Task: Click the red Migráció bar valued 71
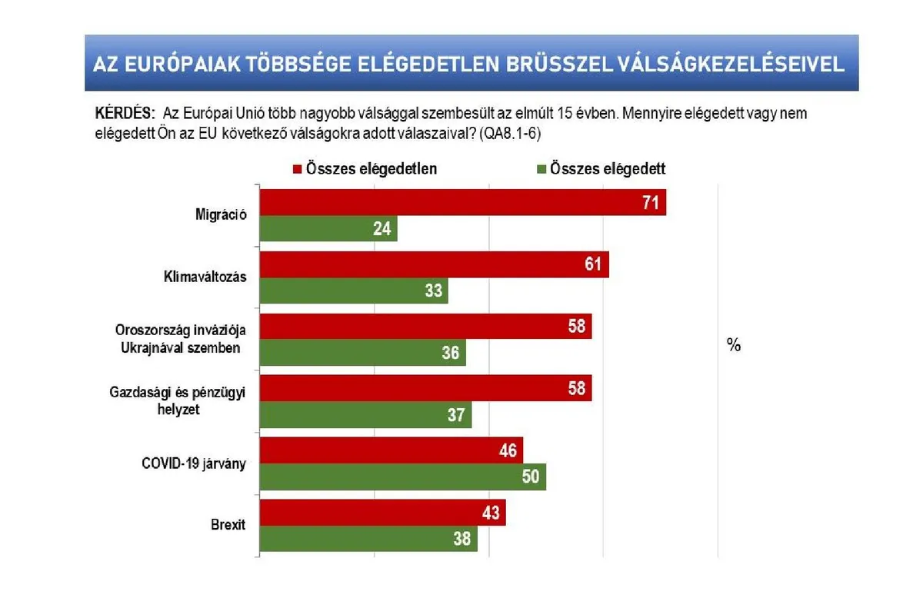[x=462, y=203]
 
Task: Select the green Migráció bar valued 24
[x=328, y=229]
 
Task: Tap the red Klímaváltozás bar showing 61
[x=434, y=265]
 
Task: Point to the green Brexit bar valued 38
[x=368, y=539]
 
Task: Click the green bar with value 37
[x=365, y=415]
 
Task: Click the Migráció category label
[x=220, y=215]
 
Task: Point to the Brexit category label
[x=227, y=525]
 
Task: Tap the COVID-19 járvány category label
[x=194, y=463]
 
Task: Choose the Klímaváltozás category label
[x=205, y=277]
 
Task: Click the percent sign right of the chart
[x=733, y=346]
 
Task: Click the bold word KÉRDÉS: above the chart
[x=125, y=112]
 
